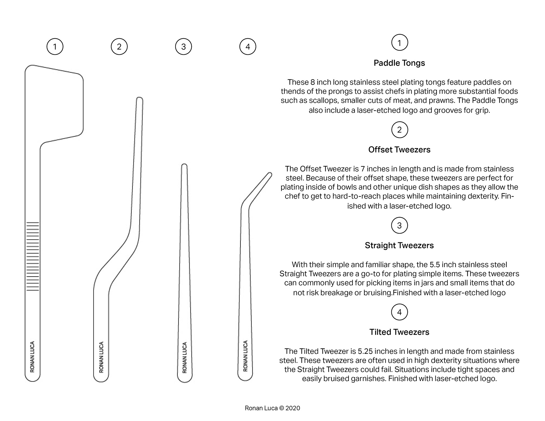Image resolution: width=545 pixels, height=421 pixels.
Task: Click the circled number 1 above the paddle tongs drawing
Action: (x=55, y=47)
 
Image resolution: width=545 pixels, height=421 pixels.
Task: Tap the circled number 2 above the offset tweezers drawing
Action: (x=119, y=47)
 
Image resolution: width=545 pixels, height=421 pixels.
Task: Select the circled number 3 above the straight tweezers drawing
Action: (x=184, y=47)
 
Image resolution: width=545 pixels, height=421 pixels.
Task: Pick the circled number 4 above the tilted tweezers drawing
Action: (x=248, y=47)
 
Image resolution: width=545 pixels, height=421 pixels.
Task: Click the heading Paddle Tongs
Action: (x=399, y=63)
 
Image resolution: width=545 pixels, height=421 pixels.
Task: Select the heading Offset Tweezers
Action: (x=399, y=150)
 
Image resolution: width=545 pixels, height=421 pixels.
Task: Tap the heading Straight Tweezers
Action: (x=399, y=245)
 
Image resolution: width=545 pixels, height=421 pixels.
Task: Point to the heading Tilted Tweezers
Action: (x=399, y=332)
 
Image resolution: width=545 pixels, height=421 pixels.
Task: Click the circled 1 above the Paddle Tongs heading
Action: (x=399, y=43)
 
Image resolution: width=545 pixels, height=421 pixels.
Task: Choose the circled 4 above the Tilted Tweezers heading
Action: (x=399, y=312)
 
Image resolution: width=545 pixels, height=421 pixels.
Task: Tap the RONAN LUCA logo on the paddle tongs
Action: (x=32, y=357)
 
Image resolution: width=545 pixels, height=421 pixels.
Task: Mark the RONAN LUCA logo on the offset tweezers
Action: (x=101, y=357)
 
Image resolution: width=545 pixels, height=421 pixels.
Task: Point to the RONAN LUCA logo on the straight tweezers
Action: (x=185, y=357)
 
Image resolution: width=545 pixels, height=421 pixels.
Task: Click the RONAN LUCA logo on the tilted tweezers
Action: (x=246, y=356)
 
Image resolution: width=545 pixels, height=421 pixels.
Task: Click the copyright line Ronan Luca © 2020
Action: (x=272, y=408)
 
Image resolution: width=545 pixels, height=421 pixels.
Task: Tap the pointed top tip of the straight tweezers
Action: (x=184, y=166)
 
